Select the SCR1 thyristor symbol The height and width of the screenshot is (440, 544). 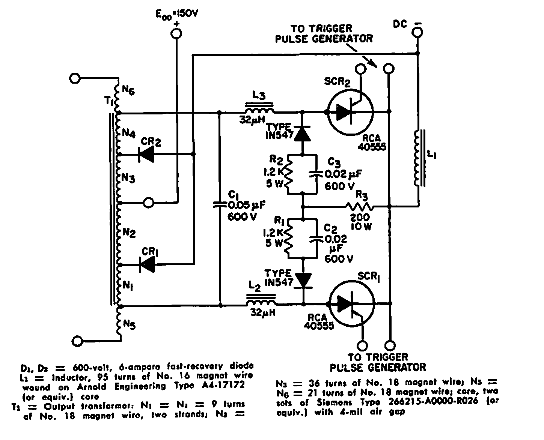(x=351, y=304)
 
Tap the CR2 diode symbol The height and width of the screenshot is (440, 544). (x=146, y=154)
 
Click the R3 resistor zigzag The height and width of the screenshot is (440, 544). (x=359, y=206)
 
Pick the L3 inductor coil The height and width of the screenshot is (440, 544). (x=259, y=110)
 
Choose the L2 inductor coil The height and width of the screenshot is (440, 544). (x=261, y=302)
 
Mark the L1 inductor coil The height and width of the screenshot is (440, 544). (x=417, y=158)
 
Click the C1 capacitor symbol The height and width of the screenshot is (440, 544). (x=220, y=205)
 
